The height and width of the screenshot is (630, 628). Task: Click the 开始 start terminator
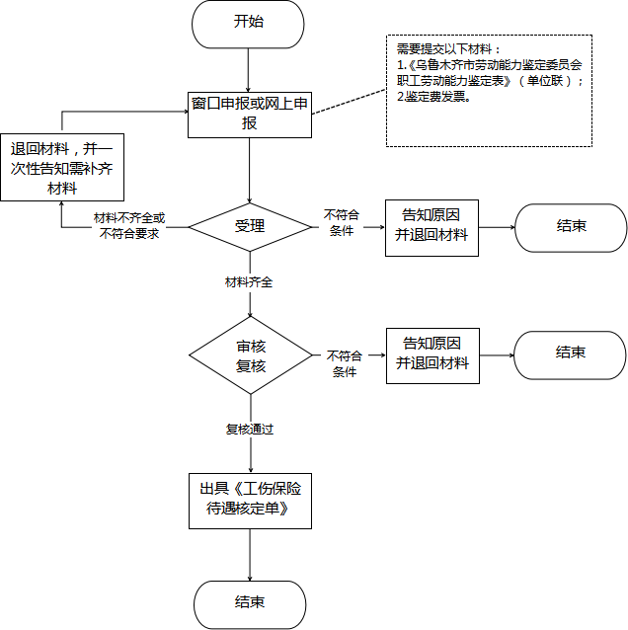point(248,24)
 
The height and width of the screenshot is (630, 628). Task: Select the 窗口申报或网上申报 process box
point(250,115)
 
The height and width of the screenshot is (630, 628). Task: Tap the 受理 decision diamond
point(250,227)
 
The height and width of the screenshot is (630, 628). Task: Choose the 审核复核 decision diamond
point(251,355)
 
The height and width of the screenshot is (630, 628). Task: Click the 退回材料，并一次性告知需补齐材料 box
point(62,167)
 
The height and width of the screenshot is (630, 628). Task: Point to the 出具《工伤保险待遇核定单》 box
point(251,501)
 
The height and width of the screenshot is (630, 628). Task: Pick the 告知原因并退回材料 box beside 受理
point(432,228)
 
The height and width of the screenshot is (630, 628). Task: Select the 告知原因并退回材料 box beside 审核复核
point(432,355)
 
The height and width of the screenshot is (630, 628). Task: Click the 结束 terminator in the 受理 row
point(571,228)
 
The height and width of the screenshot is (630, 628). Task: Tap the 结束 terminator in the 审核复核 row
point(570,355)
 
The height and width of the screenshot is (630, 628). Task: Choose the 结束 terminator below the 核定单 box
point(250,604)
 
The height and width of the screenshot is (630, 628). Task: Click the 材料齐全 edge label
point(249,282)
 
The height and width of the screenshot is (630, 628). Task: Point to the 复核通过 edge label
point(250,430)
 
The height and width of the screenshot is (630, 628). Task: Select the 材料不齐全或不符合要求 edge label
point(129,226)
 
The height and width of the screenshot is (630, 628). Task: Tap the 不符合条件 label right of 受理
point(342,222)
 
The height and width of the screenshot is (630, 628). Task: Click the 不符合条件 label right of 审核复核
point(345,363)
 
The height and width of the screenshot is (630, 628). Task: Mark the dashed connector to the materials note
point(349,102)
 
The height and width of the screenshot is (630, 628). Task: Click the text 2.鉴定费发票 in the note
point(433,97)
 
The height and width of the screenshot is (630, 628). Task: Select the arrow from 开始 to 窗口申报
point(248,70)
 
